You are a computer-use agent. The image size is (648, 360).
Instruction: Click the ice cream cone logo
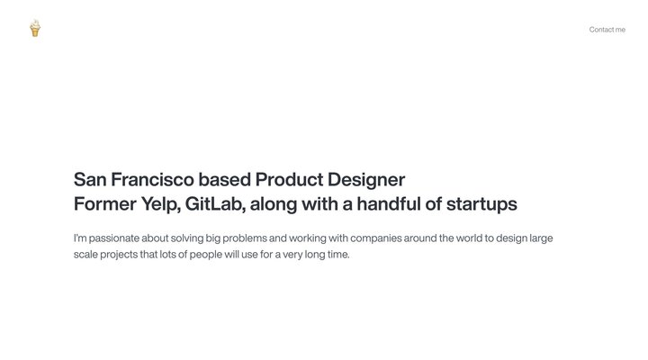click(35, 29)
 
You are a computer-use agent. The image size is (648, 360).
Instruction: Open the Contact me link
click(607, 30)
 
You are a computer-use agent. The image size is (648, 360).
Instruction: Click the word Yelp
click(160, 204)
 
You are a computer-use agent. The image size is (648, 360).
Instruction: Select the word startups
click(481, 204)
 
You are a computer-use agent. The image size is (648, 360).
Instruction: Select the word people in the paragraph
click(217, 255)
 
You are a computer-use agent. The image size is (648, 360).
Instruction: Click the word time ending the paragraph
click(337, 255)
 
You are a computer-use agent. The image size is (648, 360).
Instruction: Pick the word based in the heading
click(225, 179)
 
